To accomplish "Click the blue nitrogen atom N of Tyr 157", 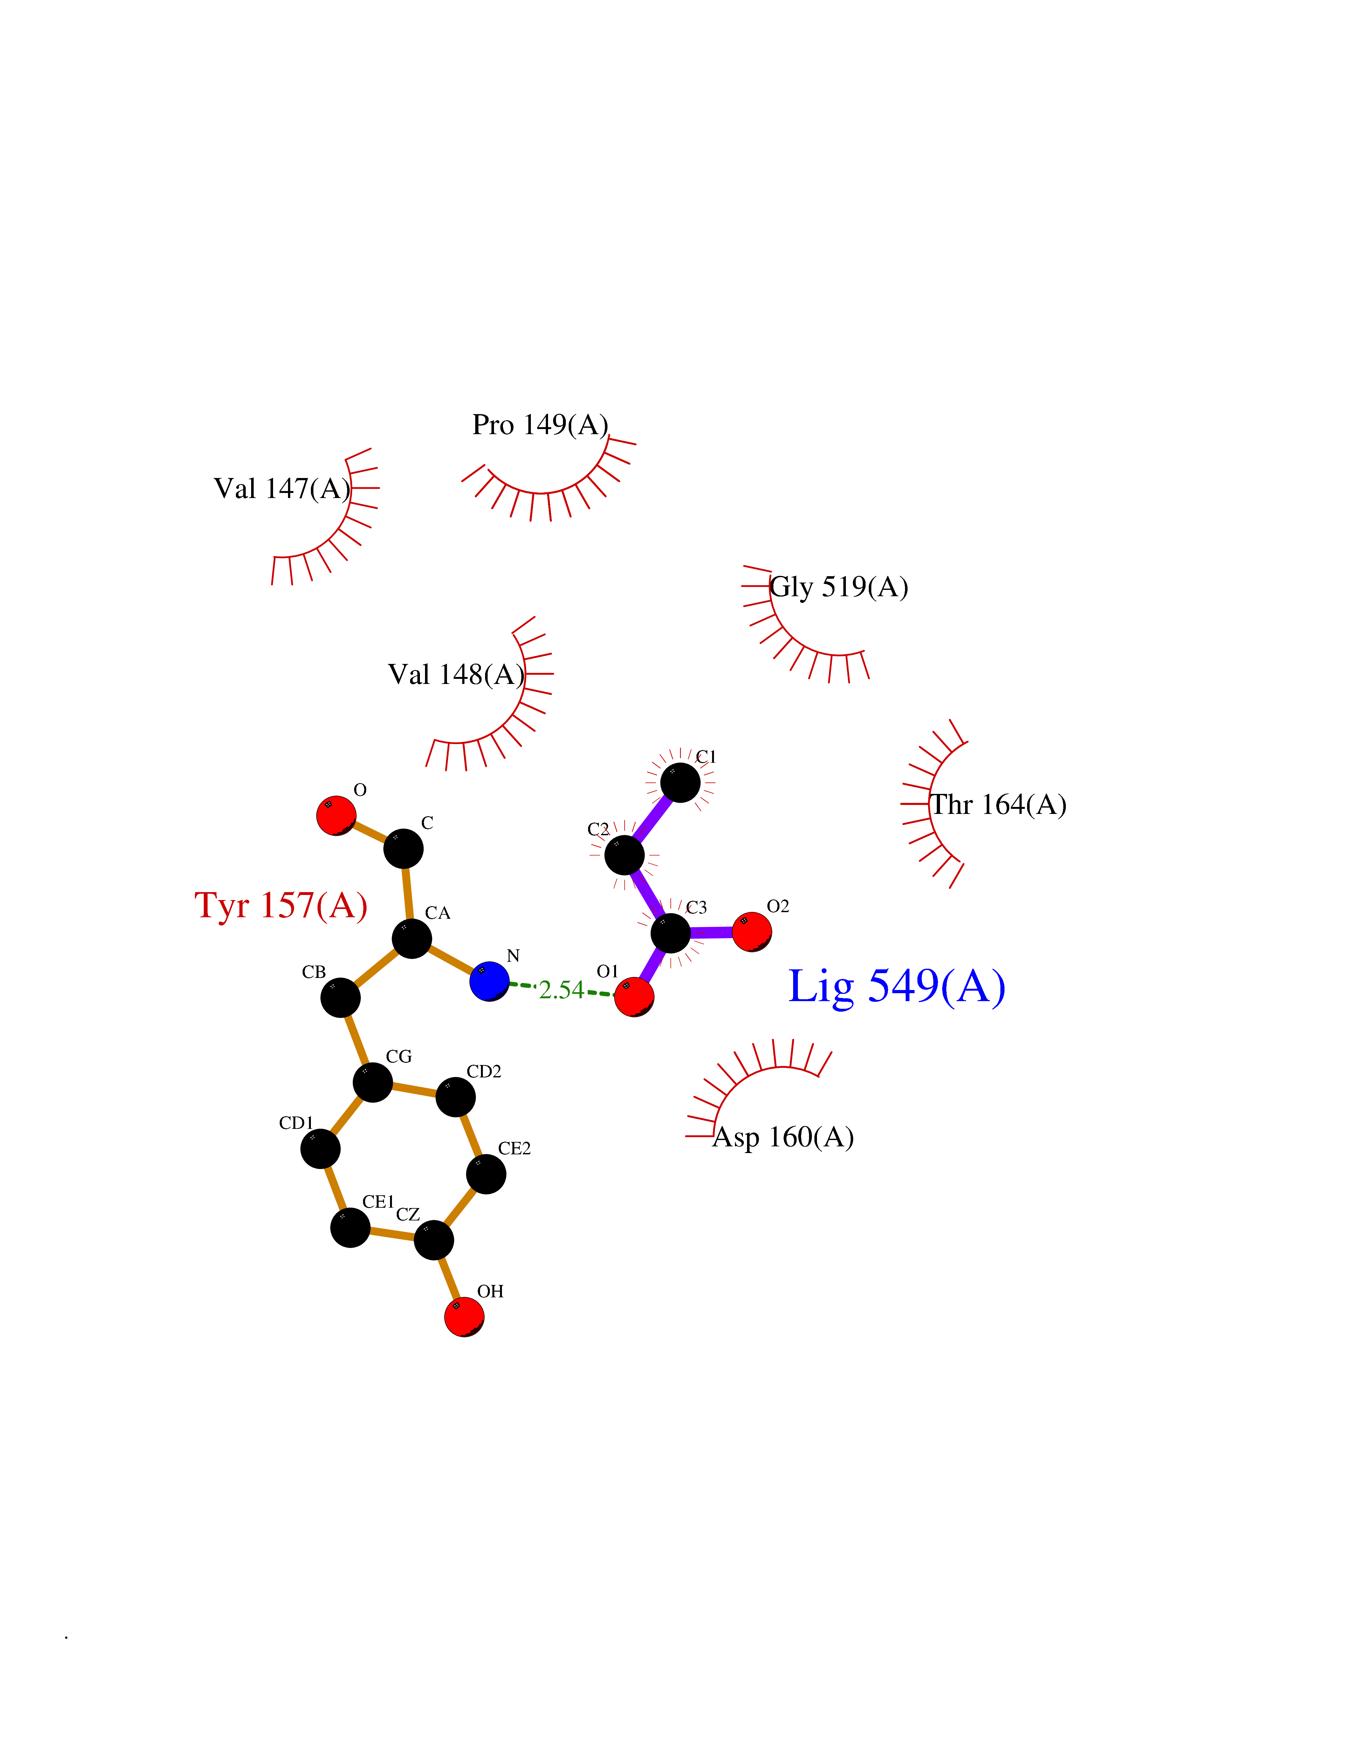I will tap(489, 981).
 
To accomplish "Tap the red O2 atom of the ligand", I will tap(751, 932).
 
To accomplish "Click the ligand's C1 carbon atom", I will tap(680, 782).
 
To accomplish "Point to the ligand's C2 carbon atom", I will tap(624, 856).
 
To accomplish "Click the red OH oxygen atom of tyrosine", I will tap(464, 1317).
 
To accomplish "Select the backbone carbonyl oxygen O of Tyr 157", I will tap(336, 816).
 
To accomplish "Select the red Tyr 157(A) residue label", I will tap(281, 905).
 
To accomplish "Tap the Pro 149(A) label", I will tap(540, 424).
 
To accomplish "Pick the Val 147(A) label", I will tap(282, 488).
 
